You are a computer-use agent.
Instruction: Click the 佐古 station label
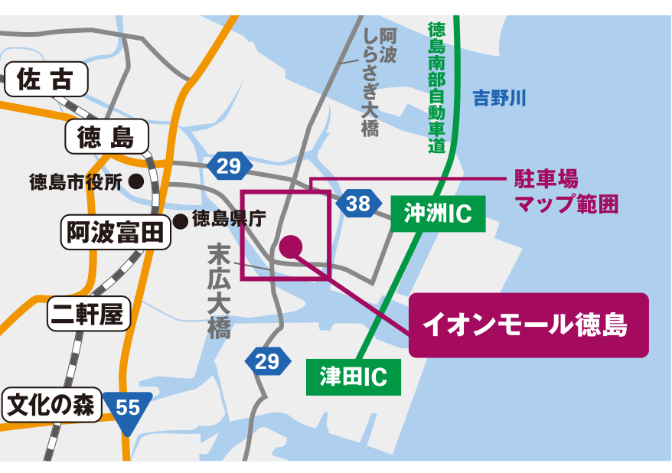(47, 80)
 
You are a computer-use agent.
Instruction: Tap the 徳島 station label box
(106, 138)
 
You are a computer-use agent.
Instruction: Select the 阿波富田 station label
(116, 232)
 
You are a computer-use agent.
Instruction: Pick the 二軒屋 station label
(89, 314)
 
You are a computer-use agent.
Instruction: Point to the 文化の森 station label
(52, 405)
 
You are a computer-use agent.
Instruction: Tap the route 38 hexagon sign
(357, 204)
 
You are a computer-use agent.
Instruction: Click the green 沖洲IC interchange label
(438, 215)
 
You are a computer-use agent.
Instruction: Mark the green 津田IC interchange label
(353, 377)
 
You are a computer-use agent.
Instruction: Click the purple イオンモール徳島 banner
(528, 325)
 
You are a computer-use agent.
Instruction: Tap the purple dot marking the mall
(291, 246)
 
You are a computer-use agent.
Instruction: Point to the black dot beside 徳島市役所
(136, 182)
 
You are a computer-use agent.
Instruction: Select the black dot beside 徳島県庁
(181, 221)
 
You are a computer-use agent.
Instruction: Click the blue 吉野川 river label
(499, 98)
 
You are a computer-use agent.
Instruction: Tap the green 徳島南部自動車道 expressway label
(437, 88)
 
